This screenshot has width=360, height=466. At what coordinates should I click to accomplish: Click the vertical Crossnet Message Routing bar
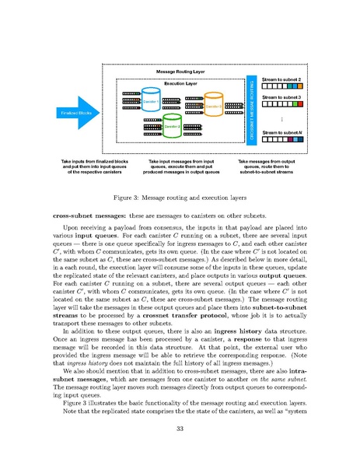(x=251, y=109)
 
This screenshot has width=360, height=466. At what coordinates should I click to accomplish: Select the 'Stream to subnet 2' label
(x=281, y=79)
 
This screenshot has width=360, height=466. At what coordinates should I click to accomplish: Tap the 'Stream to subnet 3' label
(x=281, y=96)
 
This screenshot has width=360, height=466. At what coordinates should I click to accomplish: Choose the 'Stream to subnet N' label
(x=281, y=133)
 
